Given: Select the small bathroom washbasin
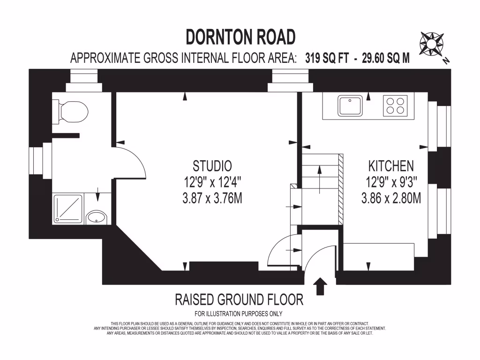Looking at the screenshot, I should tap(97, 217).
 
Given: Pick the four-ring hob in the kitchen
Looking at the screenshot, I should tap(395, 105).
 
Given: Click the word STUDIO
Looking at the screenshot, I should tap(212, 165).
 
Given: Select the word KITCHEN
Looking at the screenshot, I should tap(391, 165).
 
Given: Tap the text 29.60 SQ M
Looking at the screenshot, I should tap(386, 58).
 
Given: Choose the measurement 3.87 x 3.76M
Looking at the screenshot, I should tap(212, 198).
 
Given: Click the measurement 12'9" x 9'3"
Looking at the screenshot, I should tap(391, 182).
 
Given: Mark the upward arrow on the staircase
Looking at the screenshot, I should tap(320, 178).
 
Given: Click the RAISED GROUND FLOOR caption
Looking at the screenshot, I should tap(239, 299).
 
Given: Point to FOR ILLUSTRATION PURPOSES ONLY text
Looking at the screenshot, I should tap(239, 314).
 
